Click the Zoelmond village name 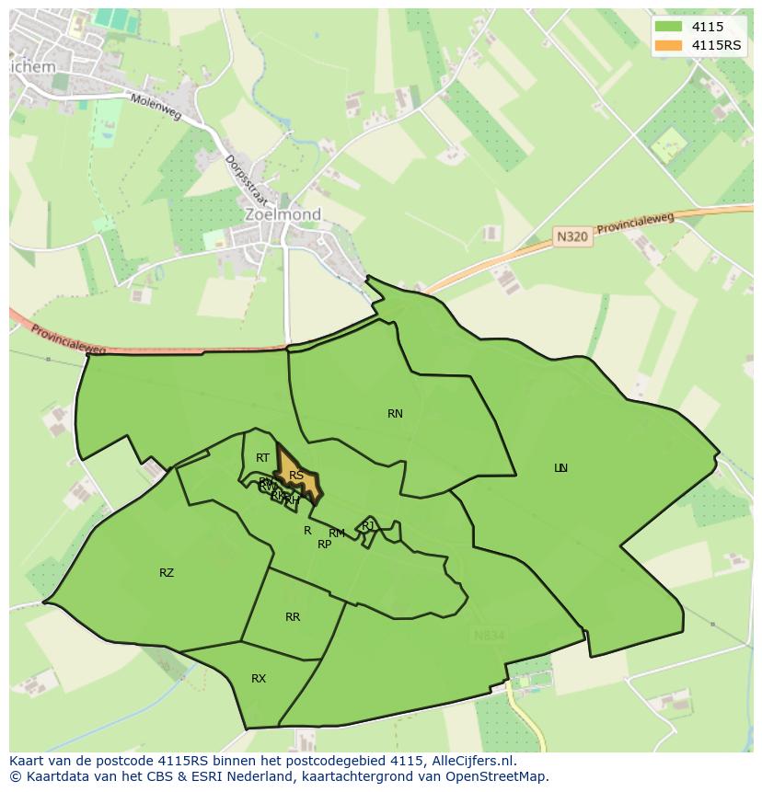tap(283, 214)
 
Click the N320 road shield tap(571, 236)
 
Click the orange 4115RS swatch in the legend tap(668, 46)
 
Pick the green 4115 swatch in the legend tap(668, 27)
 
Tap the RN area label tap(395, 414)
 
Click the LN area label tap(560, 468)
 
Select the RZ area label tap(167, 573)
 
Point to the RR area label tap(293, 617)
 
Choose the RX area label tap(259, 679)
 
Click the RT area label tap(263, 458)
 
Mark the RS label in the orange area tap(296, 476)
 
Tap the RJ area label tap(368, 525)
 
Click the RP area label tap(324, 545)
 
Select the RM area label tap(337, 534)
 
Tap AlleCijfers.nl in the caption tap(472, 761)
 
